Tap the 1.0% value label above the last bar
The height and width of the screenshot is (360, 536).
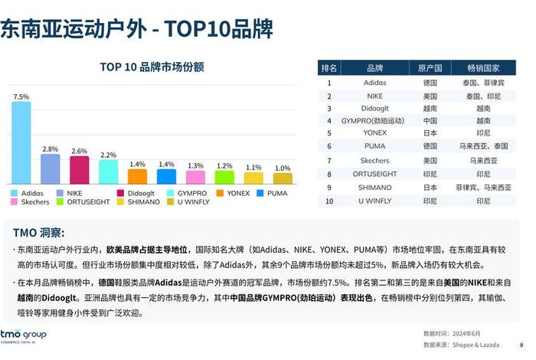tap(283, 168)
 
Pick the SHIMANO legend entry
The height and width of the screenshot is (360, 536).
tap(139, 202)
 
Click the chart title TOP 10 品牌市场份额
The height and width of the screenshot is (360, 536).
tap(152, 67)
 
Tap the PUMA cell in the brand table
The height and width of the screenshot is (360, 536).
tap(374, 146)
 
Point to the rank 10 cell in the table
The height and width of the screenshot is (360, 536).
tap(329, 201)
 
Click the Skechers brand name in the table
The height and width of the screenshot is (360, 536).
tap(374, 160)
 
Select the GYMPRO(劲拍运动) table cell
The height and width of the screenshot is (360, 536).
tap(374, 120)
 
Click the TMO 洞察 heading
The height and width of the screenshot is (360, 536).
tap(38, 232)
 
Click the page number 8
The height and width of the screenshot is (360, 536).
tap(521, 344)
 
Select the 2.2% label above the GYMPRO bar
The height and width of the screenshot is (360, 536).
tap(108, 155)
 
